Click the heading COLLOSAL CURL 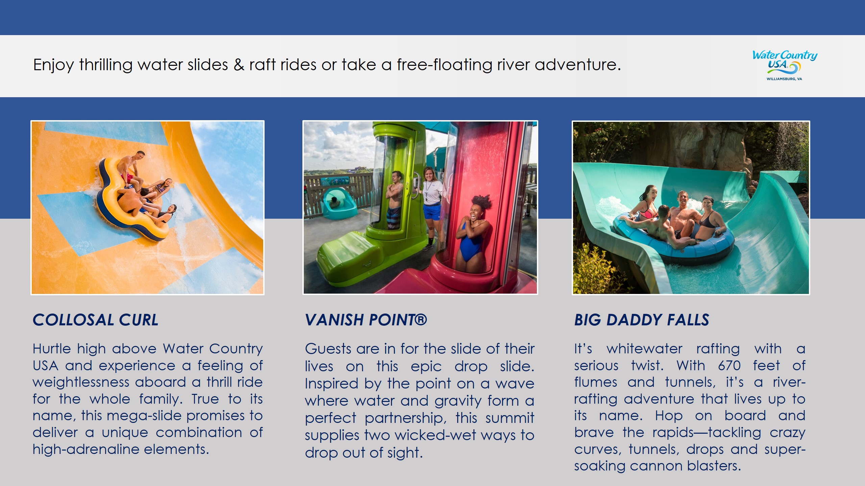[96, 320]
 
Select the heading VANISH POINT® [366, 320]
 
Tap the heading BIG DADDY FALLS [642, 320]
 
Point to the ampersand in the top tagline [239, 65]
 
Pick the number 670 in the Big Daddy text [730, 366]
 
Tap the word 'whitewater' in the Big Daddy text [644, 349]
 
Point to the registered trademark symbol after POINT [420, 319]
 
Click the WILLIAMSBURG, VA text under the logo [784, 79]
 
